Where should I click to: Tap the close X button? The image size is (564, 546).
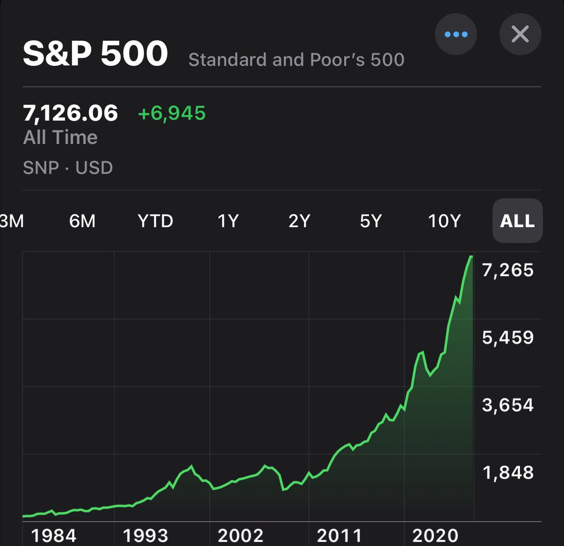[x=520, y=34]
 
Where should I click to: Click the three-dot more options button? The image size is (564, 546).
[x=455, y=34]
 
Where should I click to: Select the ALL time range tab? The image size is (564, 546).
[x=517, y=221]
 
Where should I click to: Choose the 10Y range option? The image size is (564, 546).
[x=444, y=221]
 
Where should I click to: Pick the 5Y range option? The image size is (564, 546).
[x=371, y=221]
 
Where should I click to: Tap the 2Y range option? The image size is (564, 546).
[x=299, y=221]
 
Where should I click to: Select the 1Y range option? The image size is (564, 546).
[x=228, y=221]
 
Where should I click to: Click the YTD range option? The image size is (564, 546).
[x=156, y=221]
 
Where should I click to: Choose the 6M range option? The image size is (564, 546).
[x=82, y=221]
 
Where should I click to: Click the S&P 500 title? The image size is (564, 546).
[x=95, y=53]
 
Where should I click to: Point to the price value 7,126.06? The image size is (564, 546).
[x=70, y=113]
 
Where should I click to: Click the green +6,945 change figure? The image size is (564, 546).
[x=172, y=113]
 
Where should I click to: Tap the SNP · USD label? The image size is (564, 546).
[x=68, y=168]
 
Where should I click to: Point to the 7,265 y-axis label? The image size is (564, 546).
[x=508, y=270]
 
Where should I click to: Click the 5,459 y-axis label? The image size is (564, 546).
[x=508, y=337]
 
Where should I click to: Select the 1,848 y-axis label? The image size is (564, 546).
[x=508, y=473]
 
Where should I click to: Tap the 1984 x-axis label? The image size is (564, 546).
[x=54, y=536]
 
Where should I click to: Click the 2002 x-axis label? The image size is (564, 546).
[x=240, y=536]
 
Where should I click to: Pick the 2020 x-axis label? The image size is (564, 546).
[x=435, y=536]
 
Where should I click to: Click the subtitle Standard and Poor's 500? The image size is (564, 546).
[x=296, y=60]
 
